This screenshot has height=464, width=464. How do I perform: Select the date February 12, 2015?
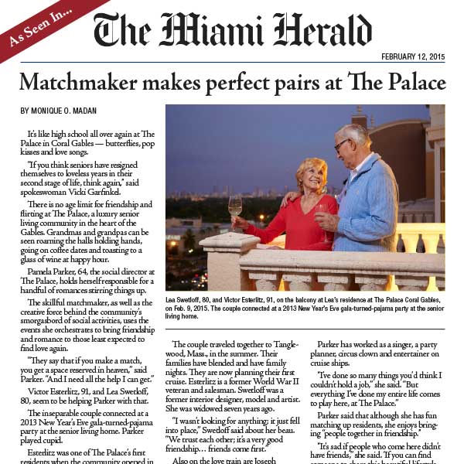[413, 56]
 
